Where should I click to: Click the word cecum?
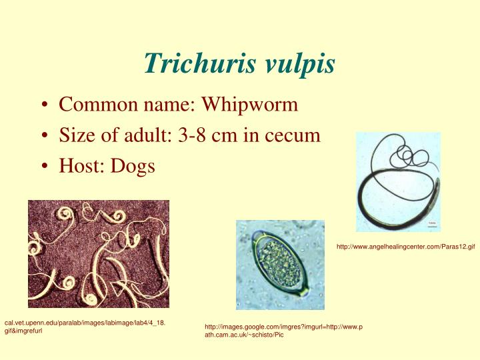click(293, 135)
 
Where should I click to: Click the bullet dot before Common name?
click(43, 105)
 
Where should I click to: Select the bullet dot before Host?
click(43, 166)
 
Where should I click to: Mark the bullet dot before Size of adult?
click(43, 136)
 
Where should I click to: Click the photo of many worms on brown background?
click(98, 253)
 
